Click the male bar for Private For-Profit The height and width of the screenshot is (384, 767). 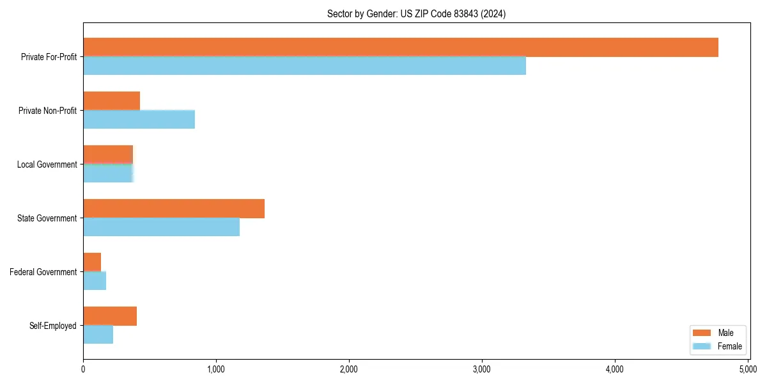click(401, 47)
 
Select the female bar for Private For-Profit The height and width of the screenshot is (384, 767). click(304, 66)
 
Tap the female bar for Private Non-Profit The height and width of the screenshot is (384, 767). click(139, 120)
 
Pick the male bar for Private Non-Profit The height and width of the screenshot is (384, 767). click(111, 101)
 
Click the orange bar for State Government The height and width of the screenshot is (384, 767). click(174, 209)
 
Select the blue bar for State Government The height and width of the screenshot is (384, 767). click(161, 227)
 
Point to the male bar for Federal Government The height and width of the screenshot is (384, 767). click(92, 262)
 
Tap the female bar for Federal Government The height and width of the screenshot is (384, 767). click(95, 281)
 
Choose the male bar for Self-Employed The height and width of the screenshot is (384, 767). click(110, 316)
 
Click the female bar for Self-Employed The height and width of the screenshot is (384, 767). click(98, 335)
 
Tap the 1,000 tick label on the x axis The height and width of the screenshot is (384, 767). click(216, 369)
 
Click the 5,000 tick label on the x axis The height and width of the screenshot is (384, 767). click(748, 369)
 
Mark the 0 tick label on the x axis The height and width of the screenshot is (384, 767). click(83, 369)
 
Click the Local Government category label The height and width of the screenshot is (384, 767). click(47, 164)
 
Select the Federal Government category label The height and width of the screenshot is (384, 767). click(43, 272)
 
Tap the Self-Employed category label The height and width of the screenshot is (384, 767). click(52, 326)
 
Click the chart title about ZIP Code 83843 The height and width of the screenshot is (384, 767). click(416, 14)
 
